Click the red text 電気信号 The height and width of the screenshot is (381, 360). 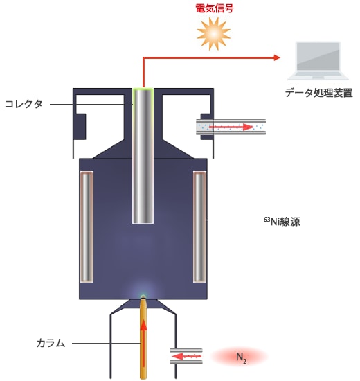(x=215, y=8)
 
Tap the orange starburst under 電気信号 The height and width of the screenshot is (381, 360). (x=213, y=34)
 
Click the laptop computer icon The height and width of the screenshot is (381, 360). (x=318, y=61)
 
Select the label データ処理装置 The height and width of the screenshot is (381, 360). (x=318, y=93)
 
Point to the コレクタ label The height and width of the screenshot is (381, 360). (x=24, y=104)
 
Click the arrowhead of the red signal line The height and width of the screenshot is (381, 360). (x=277, y=57)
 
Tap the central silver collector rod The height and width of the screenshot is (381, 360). (x=143, y=155)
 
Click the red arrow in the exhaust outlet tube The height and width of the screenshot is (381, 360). (x=231, y=127)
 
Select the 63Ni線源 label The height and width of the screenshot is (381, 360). (x=282, y=222)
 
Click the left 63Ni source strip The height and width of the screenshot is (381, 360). (x=87, y=227)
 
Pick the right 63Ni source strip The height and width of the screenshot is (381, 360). (x=199, y=227)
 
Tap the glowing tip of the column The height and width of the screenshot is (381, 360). (x=143, y=296)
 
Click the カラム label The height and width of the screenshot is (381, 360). (x=51, y=343)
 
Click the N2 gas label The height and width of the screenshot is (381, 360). (x=241, y=357)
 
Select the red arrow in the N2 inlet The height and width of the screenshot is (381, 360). (x=186, y=357)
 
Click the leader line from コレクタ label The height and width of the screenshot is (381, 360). (x=91, y=104)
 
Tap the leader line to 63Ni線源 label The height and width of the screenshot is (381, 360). (x=230, y=220)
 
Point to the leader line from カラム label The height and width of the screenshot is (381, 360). (x=107, y=343)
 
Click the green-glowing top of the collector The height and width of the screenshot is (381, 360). (x=143, y=89)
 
